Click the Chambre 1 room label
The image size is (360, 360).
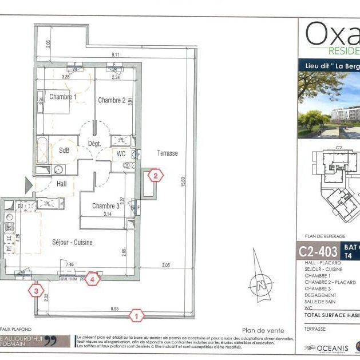pyautogui.click(x=62, y=97)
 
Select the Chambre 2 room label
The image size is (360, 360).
pyautogui.click(x=112, y=100)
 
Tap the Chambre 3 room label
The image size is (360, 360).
pyautogui.click(x=106, y=206)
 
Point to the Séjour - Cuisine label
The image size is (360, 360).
pyautogui.click(x=72, y=242)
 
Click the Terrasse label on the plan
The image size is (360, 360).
pyautogui.click(x=167, y=153)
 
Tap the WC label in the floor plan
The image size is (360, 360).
pyautogui.click(x=121, y=153)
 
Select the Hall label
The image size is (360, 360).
pyautogui.click(x=62, y=183)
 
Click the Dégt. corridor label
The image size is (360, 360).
pyautogui.click(x=94, y=143)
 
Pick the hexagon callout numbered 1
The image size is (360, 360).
pyautogui.click(x=136, y=314)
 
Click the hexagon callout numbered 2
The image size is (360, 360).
pyautogui.click(x=155, y=176)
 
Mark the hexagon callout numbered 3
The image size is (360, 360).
pyautogui.click(x=36, y=290)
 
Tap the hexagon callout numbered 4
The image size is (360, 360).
pyautogui.click(x=93, y=279)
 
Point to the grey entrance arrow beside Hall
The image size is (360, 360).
pyautogui.click(x=29, y=184)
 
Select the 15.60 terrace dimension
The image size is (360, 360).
pyautogui.click(x=183, y=182)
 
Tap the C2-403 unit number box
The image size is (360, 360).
pyautogui.click(x=318, y=250)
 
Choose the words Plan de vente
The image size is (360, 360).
pyautogui.click(x=263, y=330)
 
